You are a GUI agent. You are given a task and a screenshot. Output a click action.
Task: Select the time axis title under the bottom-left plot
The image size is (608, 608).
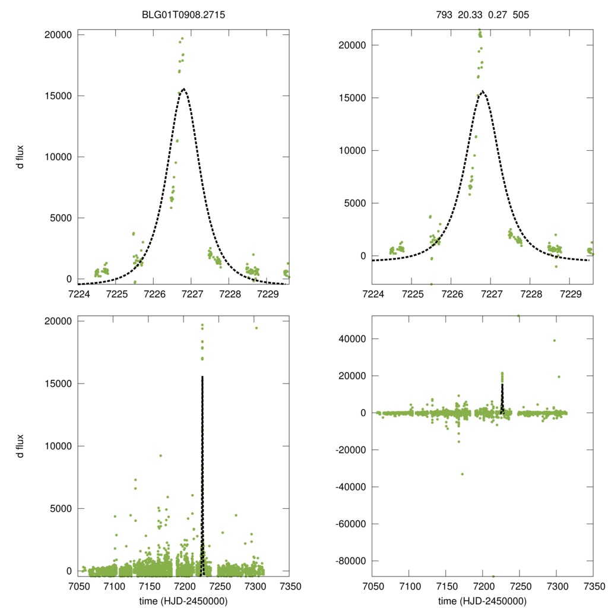tap(184, 600)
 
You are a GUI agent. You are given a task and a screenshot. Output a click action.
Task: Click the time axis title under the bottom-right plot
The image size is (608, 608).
tap(482, 600)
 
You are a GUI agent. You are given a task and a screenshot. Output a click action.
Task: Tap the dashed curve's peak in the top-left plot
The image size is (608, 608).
tap(184, 89)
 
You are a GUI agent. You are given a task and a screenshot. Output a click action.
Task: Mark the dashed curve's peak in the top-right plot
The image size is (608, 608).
tap(483, 91)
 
